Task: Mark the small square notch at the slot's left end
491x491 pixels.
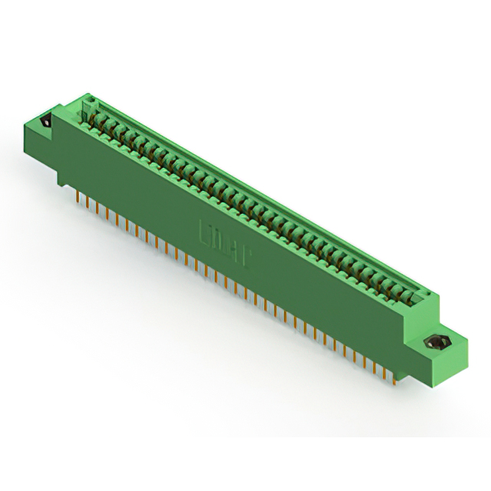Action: coord(90,102)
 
